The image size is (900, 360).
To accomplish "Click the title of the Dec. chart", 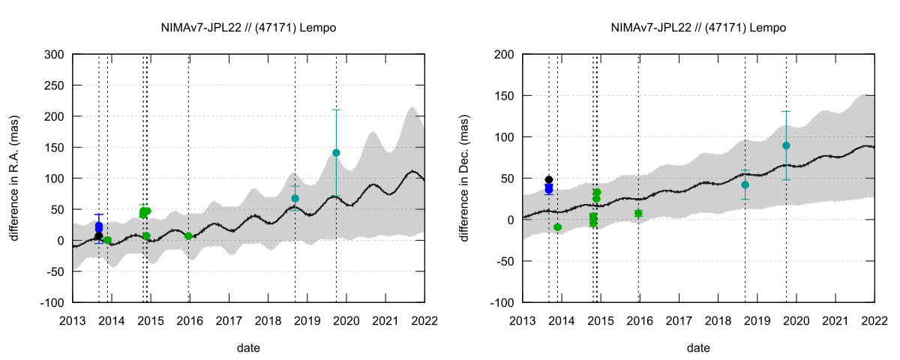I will point(698,28).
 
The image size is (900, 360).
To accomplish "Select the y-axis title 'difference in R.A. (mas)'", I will point(14,178).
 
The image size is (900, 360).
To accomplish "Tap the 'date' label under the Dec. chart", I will point(698,348).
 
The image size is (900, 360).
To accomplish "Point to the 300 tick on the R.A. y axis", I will point(53,55).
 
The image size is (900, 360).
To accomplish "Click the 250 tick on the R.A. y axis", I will point(53,85).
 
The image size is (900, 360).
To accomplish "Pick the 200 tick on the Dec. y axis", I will point(503,55).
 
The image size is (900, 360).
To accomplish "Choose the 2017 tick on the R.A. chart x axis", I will point(229,321).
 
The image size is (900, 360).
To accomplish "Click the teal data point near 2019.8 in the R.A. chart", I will point(336,153).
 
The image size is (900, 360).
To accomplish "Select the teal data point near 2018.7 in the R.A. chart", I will point(295,199).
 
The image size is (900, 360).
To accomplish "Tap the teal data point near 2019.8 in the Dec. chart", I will point(786,145).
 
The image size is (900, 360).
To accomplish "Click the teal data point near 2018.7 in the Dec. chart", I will point(745,184).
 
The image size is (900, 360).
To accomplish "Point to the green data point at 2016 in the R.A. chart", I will point(188,236).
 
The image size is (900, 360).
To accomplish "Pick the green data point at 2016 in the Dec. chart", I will point(638,213).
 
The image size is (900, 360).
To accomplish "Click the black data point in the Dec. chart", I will point(548,180).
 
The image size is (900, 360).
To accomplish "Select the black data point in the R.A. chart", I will point(98,236).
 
